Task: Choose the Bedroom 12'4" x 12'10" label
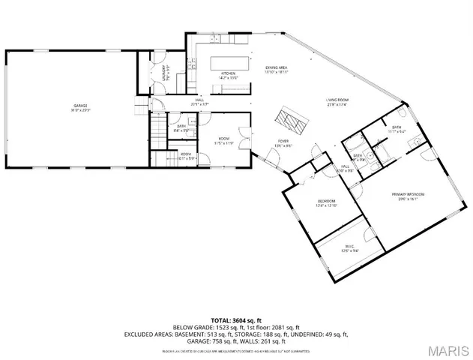327,203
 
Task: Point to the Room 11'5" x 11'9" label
224,141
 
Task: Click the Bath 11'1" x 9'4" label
397,130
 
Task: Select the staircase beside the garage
157,131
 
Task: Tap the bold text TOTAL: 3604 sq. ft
237,320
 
